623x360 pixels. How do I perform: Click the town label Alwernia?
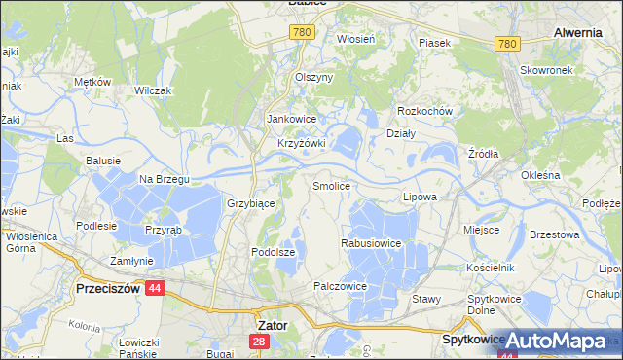coord(577,32)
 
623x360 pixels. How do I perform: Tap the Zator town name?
coord(270,325)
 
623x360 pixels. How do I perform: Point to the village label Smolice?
coord(331,185)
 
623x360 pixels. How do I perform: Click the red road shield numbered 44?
coord(155,289)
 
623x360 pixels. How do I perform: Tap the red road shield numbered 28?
coord(259,342)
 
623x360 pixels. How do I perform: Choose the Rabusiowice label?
coord(372,243)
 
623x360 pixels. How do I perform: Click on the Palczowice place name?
coord(340,287)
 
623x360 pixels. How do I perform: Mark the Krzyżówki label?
coord(301,143)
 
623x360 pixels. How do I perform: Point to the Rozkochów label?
coord(426,111)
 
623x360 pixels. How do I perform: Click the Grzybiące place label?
coord(251,204)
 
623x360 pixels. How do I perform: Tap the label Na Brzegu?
coord(164,179)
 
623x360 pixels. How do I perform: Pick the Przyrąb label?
coord(161,233)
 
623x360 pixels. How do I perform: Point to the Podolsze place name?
coord(272,251)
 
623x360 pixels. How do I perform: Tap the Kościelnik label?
coord(489,266)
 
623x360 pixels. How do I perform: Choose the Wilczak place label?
coord(154,90)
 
